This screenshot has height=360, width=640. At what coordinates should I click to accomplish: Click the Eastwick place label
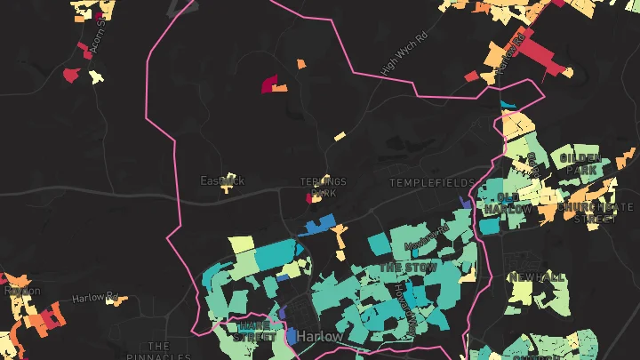coord(221,181)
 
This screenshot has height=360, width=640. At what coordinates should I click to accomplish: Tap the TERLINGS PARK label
coord(323,187)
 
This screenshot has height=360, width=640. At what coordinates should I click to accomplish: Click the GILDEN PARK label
coord(581,164)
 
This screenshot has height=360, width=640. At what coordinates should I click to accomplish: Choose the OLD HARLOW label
coord(508,203)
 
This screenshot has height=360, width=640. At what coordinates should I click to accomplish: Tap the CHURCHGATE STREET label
coord(587,212)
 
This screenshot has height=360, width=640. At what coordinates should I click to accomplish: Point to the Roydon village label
coord(21,291)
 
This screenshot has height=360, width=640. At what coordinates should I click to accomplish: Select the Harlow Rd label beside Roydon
coord(95,297)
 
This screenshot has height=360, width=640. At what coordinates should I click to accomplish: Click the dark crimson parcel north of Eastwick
coord(268,84)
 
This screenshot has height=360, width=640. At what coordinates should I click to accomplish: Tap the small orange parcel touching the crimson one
coord(280,88)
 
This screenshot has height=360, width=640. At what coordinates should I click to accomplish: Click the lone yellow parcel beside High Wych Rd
coord(340,137)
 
